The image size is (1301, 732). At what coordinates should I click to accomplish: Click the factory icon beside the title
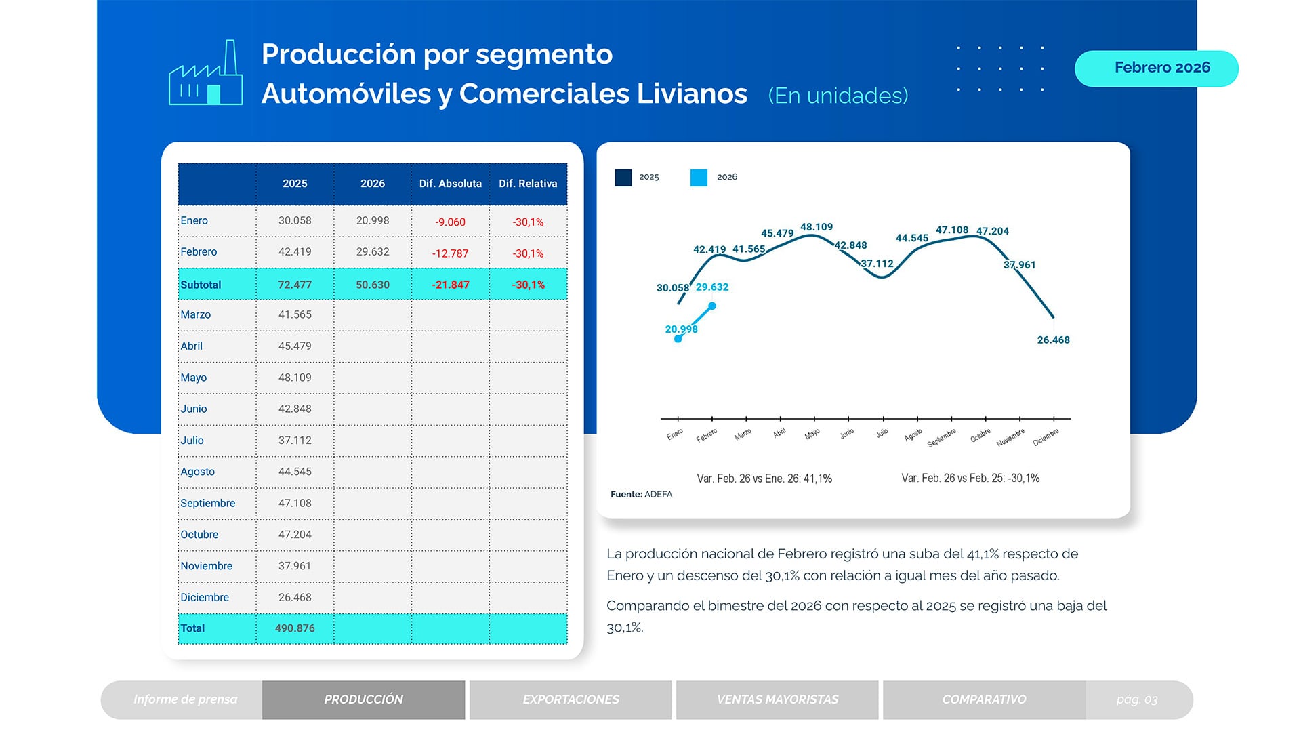(205, 73)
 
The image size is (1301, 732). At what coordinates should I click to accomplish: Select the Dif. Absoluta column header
(450, 184)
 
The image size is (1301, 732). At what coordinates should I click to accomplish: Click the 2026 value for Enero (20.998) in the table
(372, 220)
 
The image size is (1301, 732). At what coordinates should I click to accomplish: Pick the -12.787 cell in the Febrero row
(450, 253)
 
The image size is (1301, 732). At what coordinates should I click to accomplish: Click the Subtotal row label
(201, 285)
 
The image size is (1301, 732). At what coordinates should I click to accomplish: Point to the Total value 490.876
(295, 628)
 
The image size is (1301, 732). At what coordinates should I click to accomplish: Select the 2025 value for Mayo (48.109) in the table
(295, 378)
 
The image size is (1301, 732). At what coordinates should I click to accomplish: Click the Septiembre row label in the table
(207, 503)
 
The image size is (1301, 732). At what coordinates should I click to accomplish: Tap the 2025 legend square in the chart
(623, 178)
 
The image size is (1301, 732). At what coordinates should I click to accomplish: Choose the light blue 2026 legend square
(699, 178)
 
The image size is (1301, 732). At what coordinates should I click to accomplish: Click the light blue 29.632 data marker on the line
(712, 306)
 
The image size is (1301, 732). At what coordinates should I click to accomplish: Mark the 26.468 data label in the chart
(1053, 340)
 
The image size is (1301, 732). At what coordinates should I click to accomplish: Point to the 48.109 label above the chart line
(816, 227)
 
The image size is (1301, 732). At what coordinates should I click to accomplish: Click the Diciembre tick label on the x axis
(1046, 438)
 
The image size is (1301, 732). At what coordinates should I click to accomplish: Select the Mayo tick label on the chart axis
(812, 434)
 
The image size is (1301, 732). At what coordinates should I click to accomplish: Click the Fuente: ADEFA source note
(641, 494)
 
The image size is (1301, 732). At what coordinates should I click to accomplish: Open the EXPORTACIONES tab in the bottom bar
(571, 699)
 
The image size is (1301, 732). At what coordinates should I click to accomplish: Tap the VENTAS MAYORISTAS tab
(777, 699)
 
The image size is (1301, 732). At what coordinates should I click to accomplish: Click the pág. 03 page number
(1136, 699)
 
